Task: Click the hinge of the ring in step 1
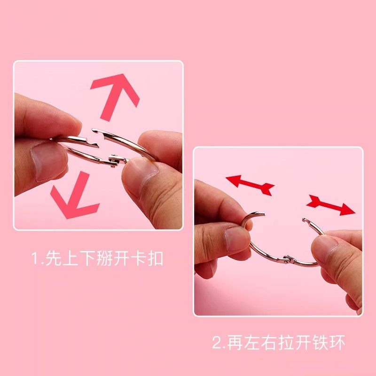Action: coord(114,160)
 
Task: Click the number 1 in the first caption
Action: coord(34,259)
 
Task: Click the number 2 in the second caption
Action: coord(217,343)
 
